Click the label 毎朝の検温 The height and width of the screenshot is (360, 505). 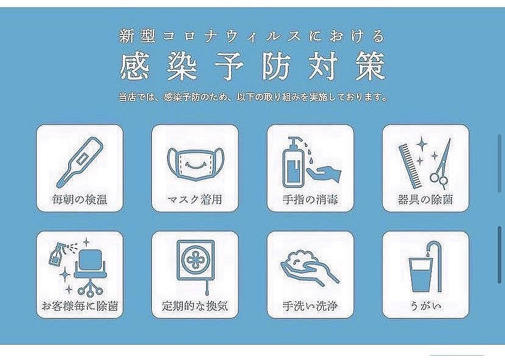[x=79, y=200]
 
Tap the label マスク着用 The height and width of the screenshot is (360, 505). [x=194, y=200]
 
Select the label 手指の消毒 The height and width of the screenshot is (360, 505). [x=310, y=200]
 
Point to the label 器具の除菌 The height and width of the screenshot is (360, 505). [x=424, y=200]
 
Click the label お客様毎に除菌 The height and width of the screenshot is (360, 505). [x=79, y=306]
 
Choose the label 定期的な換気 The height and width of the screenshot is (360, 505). [x=194, y=306]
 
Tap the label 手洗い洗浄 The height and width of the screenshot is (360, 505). [x=310, y=306]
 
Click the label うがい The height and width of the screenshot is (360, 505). [x=424, y=306]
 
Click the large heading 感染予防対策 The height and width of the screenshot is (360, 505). [x=253, y=67]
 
